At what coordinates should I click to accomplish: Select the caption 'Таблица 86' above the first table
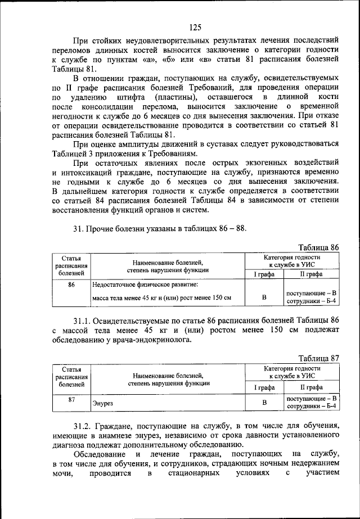318,247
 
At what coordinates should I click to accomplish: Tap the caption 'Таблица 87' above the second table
318,358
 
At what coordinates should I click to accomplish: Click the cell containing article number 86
71,285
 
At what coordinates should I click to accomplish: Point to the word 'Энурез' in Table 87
102,403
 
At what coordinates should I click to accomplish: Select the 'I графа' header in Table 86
264,274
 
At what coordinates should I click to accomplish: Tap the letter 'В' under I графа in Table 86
264,297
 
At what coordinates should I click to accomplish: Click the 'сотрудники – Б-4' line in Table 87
311,406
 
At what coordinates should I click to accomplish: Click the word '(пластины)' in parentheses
171,97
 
